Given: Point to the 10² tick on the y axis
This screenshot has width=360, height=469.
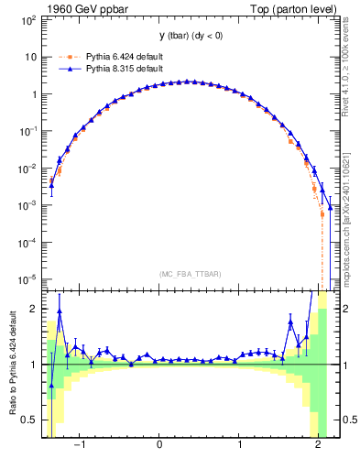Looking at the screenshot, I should click(x=28, y=19).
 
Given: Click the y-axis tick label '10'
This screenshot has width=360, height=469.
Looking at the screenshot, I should click(x=31, y=57).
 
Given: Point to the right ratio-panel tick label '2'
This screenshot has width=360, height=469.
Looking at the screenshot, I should click(x=344, y=310).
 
